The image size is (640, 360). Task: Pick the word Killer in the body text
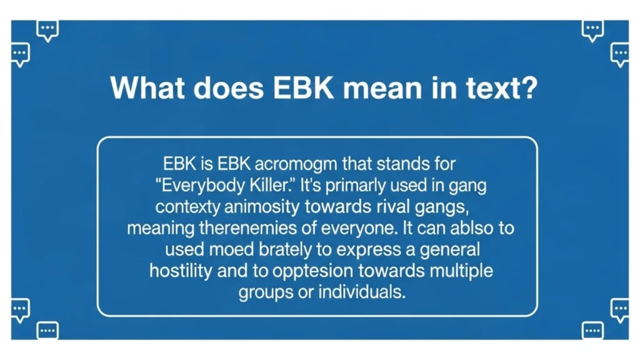[x=270, y=186]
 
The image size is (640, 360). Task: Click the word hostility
[x=180, y=271]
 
